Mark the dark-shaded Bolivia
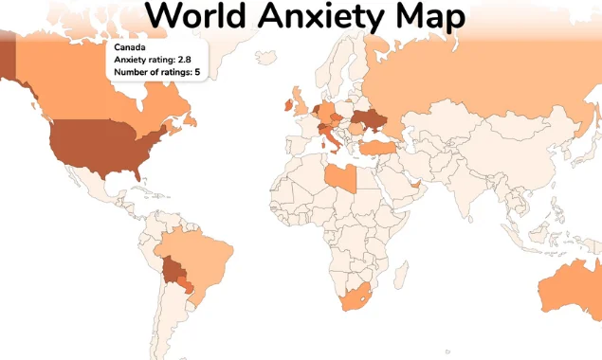173,271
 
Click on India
465,190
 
